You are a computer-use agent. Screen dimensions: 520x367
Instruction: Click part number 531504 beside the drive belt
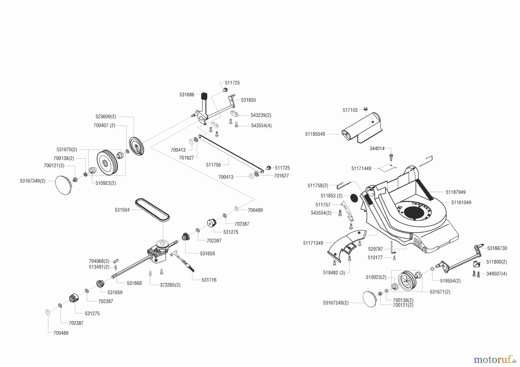[x=122, y=210]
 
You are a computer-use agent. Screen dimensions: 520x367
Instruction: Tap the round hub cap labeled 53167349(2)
[x=63, y=185]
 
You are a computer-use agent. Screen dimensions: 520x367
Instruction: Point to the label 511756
[x=213, y=165]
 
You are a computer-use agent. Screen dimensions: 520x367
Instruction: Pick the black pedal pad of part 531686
[x=205, y=96]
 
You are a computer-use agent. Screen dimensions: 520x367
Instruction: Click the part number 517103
[x=350, y=110]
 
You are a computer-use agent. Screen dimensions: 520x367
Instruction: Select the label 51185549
[x=315, y=134]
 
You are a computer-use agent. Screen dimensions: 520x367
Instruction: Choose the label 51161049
[x=461, y=203]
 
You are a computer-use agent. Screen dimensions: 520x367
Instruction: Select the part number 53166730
[x=497, y=248]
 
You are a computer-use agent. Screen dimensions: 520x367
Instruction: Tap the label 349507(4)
[x=497, y=274]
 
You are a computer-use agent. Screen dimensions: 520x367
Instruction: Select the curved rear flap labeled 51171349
[x=346, y=245]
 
